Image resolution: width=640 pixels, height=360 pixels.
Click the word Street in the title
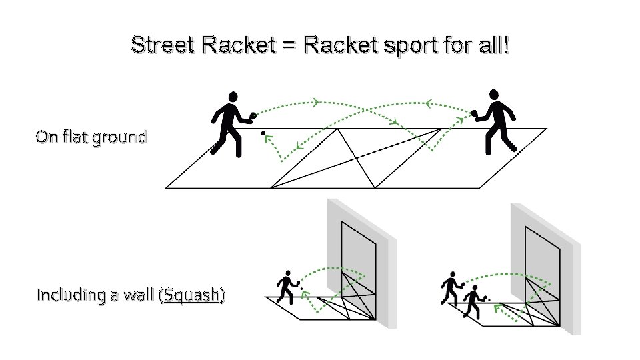click(163, 46)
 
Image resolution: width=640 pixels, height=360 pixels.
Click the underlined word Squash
click(193, 295)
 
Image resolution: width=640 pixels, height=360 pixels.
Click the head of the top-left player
click(232, 97)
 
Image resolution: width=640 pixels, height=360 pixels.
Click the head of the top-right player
click(493, 94)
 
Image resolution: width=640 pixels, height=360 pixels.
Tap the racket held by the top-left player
click(253, 117)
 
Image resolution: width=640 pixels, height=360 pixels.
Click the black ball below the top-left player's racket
click(263, 134)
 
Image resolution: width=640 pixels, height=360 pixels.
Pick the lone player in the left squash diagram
click(287, 287)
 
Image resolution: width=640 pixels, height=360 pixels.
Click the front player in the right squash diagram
click(473, 302)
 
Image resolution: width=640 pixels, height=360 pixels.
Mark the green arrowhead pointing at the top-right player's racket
click(459, 120)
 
